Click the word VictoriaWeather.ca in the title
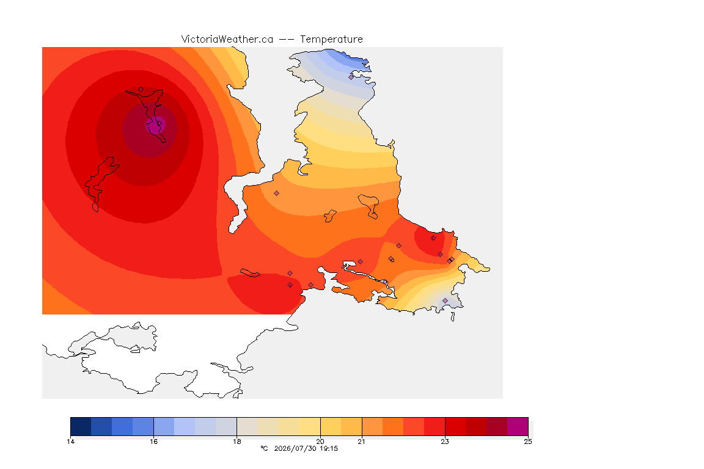pyautogui.click(x=227, y=40)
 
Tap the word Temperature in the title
pyautogui.click(x=331, y=40)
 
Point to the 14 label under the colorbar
pyautogui.click(x=70, y=442)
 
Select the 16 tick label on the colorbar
pyautogui.click(x=153, y=442)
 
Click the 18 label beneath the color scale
pyautogui.click(x=237, y=442)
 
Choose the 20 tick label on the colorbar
pyautogui.click(x=320, y=442)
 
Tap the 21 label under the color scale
pyautogui.click(x=361, y=442)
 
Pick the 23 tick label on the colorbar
pyautogui.click(x=444, y=442)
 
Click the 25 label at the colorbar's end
pyautogui.click(x=528, y=442)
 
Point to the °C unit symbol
pyautogui.click(x=264, y=448)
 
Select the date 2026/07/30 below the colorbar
pyautogui.click(x=295, y=448)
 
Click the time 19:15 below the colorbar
pyautogui.click(x=329, y=448)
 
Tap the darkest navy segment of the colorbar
pyautogui.click(x=81, y=426)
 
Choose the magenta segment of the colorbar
pyautogui.click(x=518, y=426)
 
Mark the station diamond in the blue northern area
pyautogui.click(x=351, y=77)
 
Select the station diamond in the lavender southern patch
pyautogui.click(x=445, y=300)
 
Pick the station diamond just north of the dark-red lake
pyautogui.click(x=141, y=90)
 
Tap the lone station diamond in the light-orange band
pyautogui.click(x=277, y=194)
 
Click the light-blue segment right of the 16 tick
pyautogui.click(x=164, y=426)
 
